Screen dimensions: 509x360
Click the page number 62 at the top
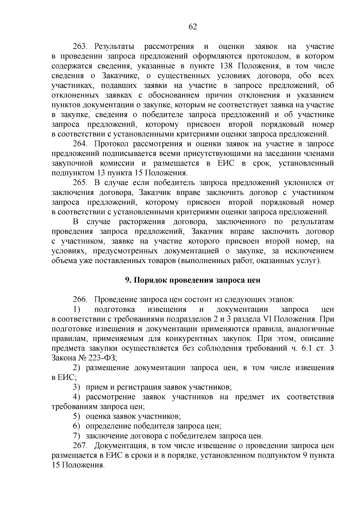pos(193,27)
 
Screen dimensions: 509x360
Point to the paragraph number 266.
pos(79,300)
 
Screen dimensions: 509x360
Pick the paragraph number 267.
pos(79,446)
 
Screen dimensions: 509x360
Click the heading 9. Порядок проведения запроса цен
pos(192,280)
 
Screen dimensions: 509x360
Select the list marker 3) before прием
pos(77,387)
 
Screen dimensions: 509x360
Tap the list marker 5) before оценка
pos(77,417)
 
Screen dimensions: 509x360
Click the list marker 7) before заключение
pos(77,436)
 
